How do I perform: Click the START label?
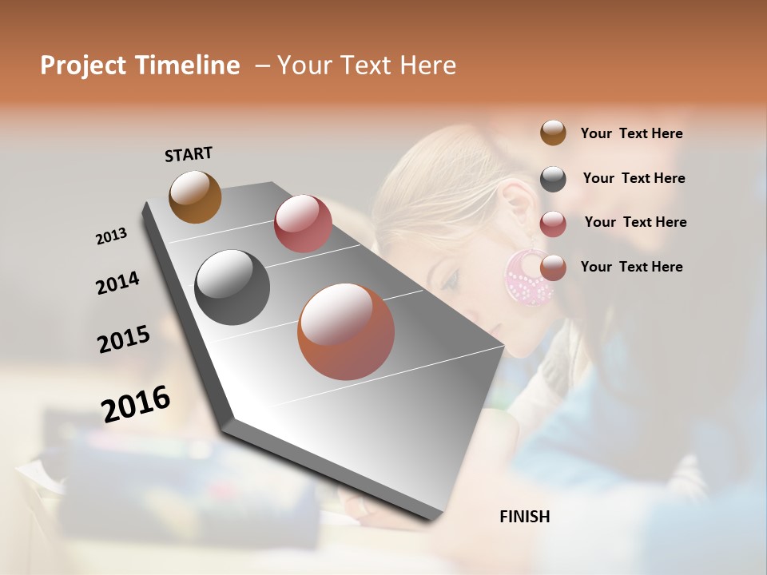(189, 154)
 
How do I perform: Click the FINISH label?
(524, 517)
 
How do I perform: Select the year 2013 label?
(112, 236)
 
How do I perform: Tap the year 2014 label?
(117, 284)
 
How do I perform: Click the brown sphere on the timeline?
(195, 196)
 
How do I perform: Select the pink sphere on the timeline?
(303, 224)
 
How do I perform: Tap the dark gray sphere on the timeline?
(232, 287)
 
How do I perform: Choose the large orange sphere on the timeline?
(346, 331)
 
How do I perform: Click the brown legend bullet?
(553, 133)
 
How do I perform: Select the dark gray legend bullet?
(553, 179)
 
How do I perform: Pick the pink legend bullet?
(553, 224)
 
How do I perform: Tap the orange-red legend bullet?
(553, 268)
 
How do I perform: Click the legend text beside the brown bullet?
(631, 133)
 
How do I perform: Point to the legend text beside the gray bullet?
(634, 178)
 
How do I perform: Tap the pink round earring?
(528, 277)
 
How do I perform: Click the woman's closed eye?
(451, 279)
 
